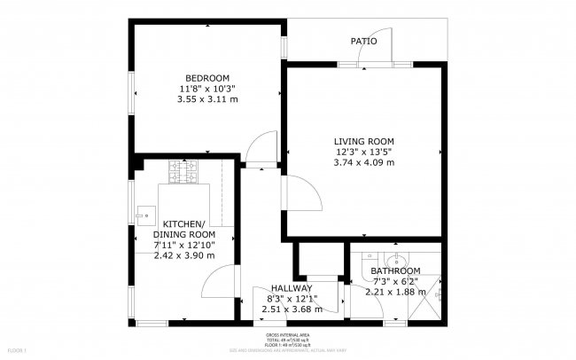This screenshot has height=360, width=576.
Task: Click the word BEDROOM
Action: [x=208, y=77]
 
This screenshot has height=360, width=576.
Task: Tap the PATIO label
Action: [x=363, y=41]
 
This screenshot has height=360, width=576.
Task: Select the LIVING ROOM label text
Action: [x=363, y=141]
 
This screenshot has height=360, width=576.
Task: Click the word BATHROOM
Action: [x=395, y=270]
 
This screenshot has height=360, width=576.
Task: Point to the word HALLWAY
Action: [x=292, y=288]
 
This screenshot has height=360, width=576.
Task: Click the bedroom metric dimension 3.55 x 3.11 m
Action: [x=208, y=98]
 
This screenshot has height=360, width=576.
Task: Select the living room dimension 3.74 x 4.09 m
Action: [x=363, y=162]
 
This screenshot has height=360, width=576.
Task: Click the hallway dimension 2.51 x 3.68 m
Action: [x=292, y=309]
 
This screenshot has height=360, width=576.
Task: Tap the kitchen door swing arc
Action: [x=214, y=288]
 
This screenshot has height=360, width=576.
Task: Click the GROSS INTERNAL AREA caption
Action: [x=288, y=335]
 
